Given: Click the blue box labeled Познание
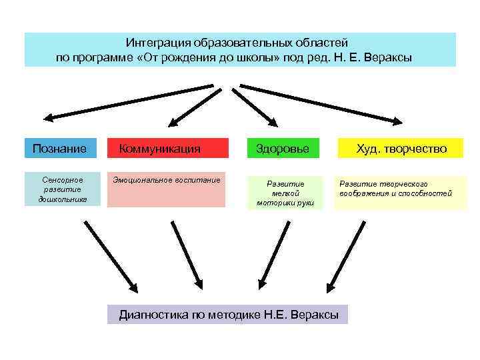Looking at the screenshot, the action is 60,148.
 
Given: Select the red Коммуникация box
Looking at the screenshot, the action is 167,148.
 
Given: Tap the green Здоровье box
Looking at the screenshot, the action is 283,148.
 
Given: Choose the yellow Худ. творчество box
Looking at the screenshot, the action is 401,148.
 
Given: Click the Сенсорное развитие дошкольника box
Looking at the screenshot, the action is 63,189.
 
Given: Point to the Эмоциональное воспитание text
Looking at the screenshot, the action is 166,180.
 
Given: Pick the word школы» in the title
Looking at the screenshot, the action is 258,57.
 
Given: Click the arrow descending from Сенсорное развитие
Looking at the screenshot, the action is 109,256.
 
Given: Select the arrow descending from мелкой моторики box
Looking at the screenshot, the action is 274,256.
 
